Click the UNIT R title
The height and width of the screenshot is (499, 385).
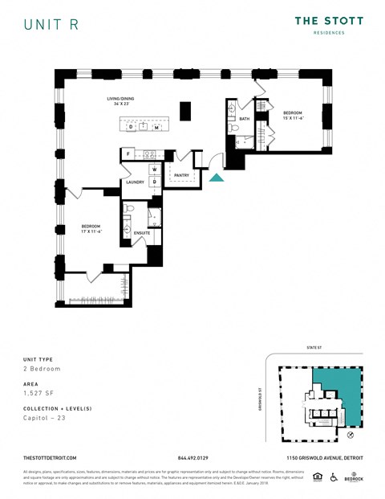click(51, 24)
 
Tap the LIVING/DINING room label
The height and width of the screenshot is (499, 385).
click(122, 101)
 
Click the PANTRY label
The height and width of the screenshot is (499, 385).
click(181, 174)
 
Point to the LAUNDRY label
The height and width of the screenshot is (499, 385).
click(135, 182)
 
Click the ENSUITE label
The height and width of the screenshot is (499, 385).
click(141, 233)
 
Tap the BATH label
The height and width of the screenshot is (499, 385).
click(245, 119)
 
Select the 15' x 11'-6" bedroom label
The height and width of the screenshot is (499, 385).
click(292, 115)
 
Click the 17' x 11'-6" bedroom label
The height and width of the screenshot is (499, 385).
click(91, 229)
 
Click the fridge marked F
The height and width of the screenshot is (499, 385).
click(128, 153)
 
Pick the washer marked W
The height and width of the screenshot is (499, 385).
click(153, 170)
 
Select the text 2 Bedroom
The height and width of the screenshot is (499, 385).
click(42, 369)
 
